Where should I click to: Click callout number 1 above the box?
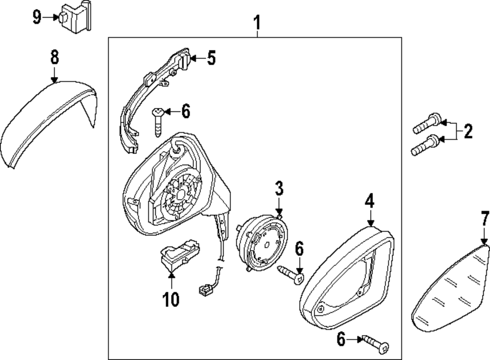pyautogui.click(x=257, y=22)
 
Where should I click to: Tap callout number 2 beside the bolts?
pyautogui.click(x=468, y=131)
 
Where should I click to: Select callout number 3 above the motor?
pyautogui.click(x=279, y=188)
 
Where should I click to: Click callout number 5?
pyautogui.click(x=211, y=58)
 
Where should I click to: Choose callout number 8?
pyautogui.click(x=54, y=57)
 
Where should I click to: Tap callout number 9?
pyautogui.click(x=37, y=18)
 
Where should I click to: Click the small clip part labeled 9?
pyautogui.click(x=75, y=18)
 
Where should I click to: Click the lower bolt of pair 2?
pyautogui.click(x=424, y=145)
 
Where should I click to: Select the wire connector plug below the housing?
pyautogui.click(x=202, y=289)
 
